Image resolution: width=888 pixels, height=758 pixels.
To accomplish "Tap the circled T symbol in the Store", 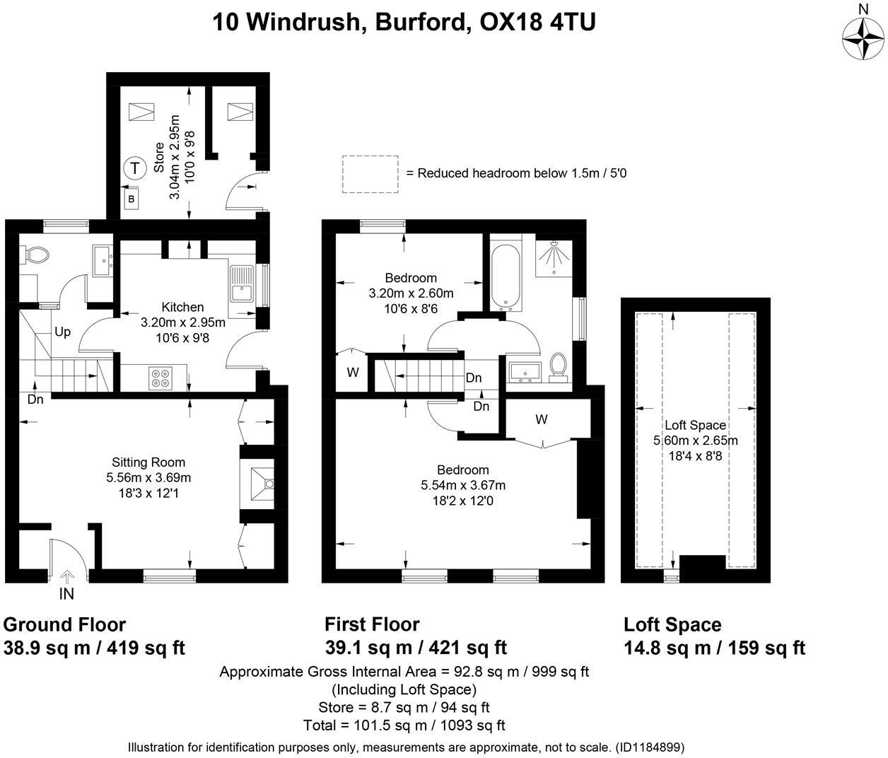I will [x=134, y=169].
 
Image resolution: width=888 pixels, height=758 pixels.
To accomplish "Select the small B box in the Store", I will [x=131, y=199].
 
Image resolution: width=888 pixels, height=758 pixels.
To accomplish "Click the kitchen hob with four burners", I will [x=160, y=378].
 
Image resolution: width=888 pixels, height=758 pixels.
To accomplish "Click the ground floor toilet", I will [x=34, y=254].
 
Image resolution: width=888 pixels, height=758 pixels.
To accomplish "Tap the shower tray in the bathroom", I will [x=555, y=257].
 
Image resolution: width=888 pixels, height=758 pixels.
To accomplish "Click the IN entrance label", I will [x=66, y=595].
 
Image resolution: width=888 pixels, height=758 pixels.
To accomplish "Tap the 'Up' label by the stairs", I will [x=62, y=332].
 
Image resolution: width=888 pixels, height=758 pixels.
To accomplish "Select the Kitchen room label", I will [x=182, y=307].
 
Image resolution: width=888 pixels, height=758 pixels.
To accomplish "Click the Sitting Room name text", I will [x=148, y=462].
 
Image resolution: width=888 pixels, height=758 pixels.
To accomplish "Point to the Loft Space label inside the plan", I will [x=695, y=425].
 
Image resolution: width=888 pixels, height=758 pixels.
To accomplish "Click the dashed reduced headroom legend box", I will [x=370, y=174].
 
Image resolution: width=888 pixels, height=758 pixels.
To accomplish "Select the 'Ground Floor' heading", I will [x=64, y=625].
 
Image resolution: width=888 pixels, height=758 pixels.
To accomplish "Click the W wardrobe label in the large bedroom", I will [x=541, y=419].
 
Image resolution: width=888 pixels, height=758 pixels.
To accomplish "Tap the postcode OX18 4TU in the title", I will [x=537, y=22].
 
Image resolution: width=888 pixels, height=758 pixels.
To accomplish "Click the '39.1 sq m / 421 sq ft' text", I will [x=416, y=647].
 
